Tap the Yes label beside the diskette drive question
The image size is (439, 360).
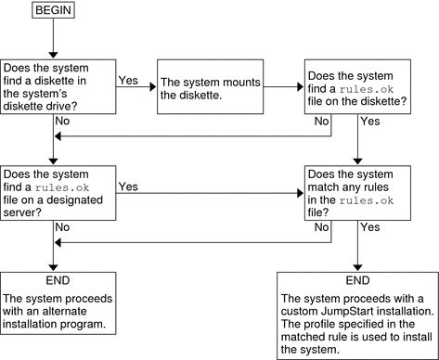pos(129,81)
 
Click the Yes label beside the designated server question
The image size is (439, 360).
pos(129,186)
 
